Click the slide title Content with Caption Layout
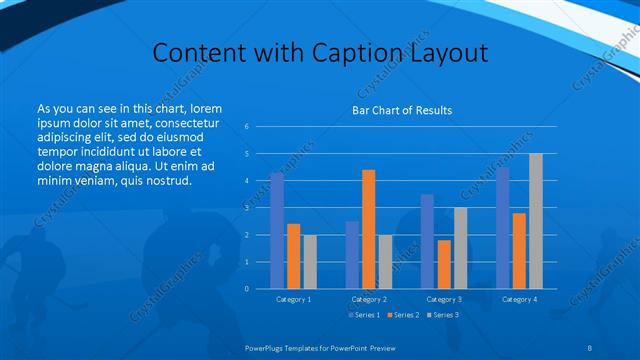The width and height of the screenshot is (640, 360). click(x=320, y=52)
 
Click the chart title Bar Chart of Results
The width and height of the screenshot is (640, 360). click(x=401, y=110)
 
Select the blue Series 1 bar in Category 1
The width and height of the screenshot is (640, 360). click(x=277, y=230)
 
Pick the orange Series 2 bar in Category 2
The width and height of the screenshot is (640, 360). click(x=368, y=229)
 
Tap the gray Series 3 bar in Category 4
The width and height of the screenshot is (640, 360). click(x=535, y=221)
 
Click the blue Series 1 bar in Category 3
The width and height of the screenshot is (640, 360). click(x=427, y=241)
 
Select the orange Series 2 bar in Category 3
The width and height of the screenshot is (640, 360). click(x=443, y=264)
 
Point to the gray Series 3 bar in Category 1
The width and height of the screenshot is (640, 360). click(x=309, y=261)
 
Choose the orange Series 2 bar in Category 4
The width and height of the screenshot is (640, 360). click(x=519, y=250)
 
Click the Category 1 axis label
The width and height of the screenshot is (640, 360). click(x=293, y=299)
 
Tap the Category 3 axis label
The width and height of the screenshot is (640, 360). click(x=443, y=299)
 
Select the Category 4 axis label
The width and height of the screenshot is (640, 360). click(x=519, y=299)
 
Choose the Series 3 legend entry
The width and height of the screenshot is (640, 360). click(x=444, y=315)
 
